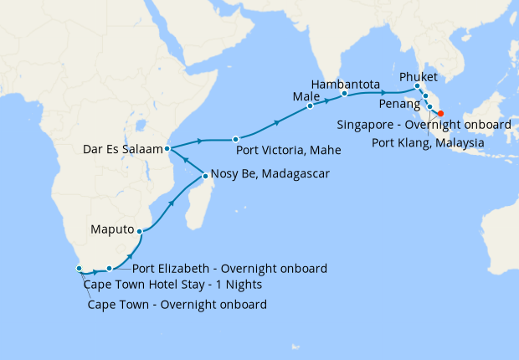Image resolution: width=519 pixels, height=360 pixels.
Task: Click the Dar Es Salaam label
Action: pos(122,150)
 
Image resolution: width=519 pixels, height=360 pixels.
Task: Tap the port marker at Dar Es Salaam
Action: pos(168,148)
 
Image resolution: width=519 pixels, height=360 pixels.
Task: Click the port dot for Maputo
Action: pos(141,230)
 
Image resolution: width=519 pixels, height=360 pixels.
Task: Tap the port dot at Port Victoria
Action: pos(236,139)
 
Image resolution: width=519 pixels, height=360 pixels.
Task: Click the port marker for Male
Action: pos(310,106)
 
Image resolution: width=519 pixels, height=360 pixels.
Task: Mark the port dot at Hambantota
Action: pos(344,95)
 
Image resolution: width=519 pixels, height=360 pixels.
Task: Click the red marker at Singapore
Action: pos(440,114)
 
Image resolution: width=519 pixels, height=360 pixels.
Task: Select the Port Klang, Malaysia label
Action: pos(424,143)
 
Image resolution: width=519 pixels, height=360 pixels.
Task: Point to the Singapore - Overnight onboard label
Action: pos(424,125)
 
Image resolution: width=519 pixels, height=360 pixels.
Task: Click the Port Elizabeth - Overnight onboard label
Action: pos(229,269)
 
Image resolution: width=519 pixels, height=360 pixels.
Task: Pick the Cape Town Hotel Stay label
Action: pos(172,285)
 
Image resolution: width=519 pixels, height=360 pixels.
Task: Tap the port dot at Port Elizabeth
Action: pos(109,269)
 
